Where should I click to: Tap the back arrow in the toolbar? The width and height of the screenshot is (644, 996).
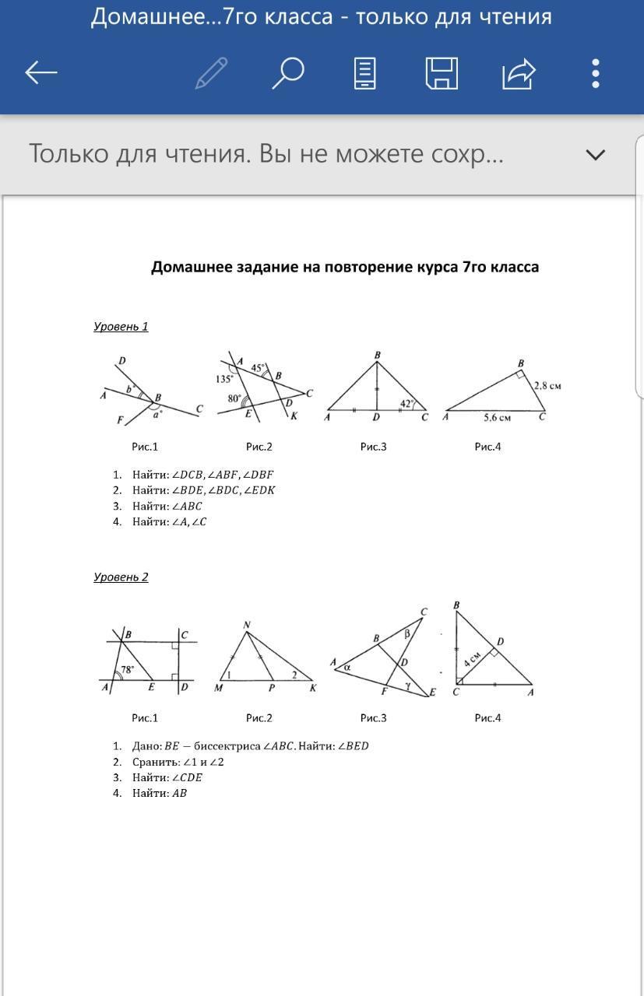41,73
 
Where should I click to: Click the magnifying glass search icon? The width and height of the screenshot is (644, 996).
287,73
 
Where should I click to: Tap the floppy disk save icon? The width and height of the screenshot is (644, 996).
442,73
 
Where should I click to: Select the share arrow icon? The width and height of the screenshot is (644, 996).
519,73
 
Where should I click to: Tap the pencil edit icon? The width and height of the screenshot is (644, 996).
211,73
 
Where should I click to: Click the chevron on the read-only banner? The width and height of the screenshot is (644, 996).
595,155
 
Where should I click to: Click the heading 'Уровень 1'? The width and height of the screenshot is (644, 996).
121,327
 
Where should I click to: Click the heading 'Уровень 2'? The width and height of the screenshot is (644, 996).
121,577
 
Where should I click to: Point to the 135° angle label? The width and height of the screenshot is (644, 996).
225,379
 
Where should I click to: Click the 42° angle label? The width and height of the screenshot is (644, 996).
407,403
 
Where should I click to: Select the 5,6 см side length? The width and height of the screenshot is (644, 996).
497,418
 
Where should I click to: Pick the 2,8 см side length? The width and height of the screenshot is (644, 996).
547,385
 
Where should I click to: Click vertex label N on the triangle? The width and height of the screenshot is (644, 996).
247,625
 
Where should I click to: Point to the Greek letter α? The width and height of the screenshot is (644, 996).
347,667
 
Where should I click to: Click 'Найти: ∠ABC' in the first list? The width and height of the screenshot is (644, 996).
167,507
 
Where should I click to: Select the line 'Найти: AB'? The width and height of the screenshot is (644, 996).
160,794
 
